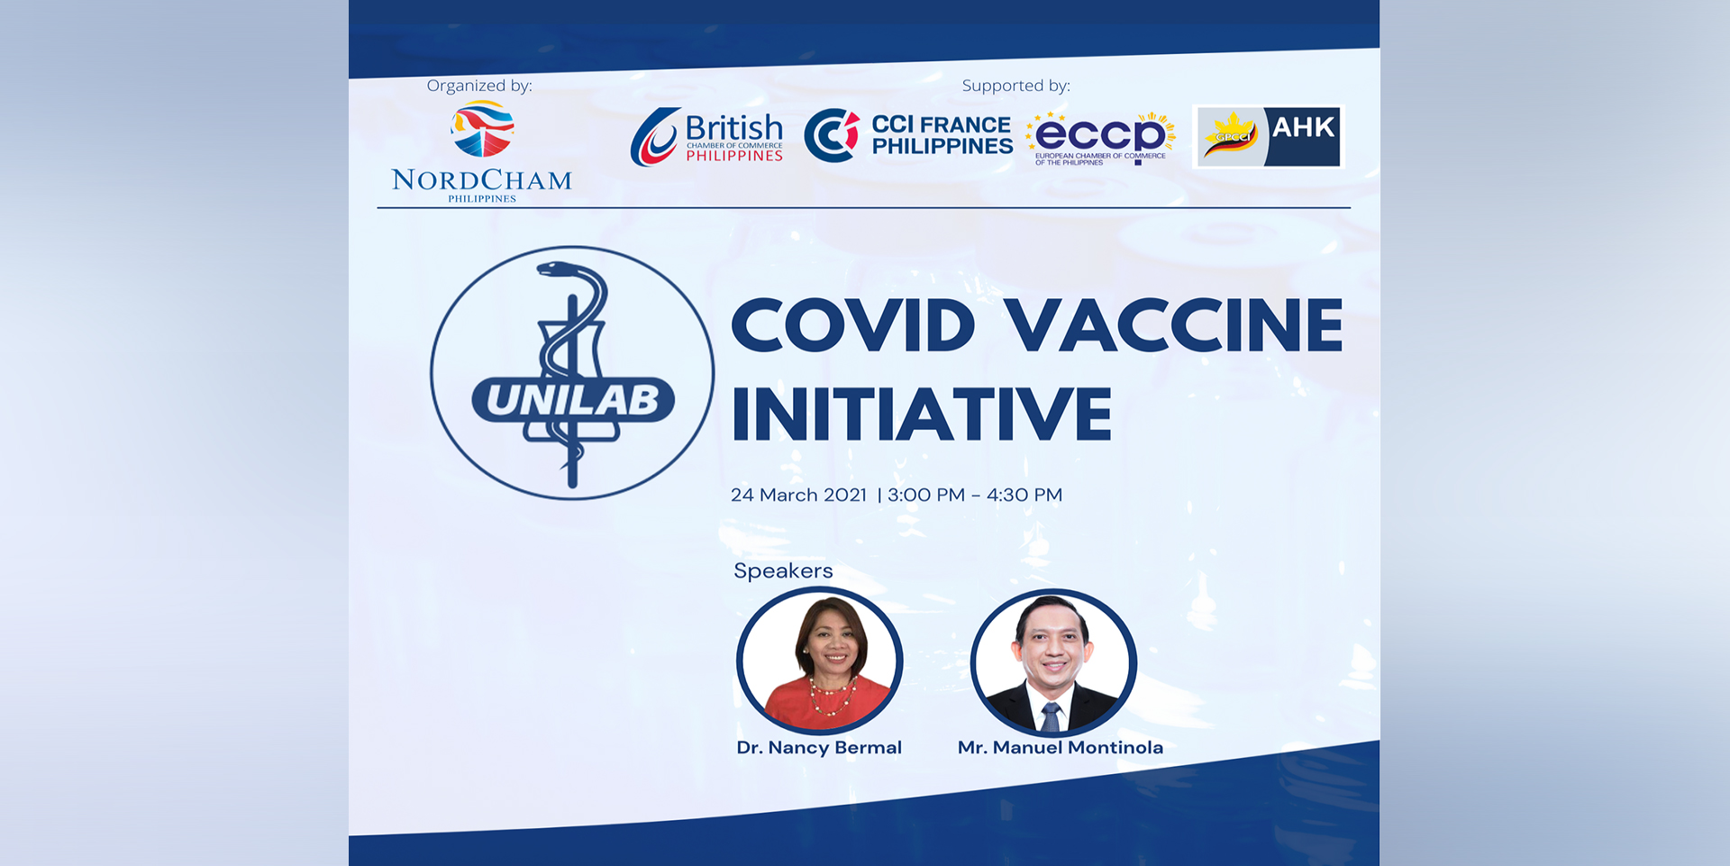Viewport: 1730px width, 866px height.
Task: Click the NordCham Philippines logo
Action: click(x=482, y=152)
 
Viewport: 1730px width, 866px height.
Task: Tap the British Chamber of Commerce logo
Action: click(x=706, y=137)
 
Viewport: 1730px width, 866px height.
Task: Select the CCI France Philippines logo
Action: click(x=908, y=135)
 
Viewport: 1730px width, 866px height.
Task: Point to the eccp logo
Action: click(x=1100, y=138)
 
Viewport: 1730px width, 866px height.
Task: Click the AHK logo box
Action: click(x=1269, y=136)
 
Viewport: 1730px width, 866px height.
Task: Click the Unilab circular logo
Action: click(x=572, y=373)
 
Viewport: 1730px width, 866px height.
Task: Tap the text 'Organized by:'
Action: click(x=479, y=86)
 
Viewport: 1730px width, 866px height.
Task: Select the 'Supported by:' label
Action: click(x=1016, y=86)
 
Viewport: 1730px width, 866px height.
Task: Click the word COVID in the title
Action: click(x=853, y=325)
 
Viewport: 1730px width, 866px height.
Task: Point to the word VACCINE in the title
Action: click(x=1174, y=325)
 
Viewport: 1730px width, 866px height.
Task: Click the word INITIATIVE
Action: click(x=922, y=414)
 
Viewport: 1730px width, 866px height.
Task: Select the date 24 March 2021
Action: click(x=798, y=495)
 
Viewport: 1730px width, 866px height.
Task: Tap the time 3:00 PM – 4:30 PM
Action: click(x=975, y=495)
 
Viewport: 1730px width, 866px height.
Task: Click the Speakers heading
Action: click(x=783, y=570)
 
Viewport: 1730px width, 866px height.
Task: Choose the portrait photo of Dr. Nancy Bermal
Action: click(x=819, y=661)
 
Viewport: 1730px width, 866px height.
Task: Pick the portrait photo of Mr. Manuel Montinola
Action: click(x=1053, y=662)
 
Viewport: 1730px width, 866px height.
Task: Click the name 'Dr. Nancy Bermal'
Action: click(x=819, y=747)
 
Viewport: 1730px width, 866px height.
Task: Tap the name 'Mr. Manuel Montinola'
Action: click(x=1061, y=747)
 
